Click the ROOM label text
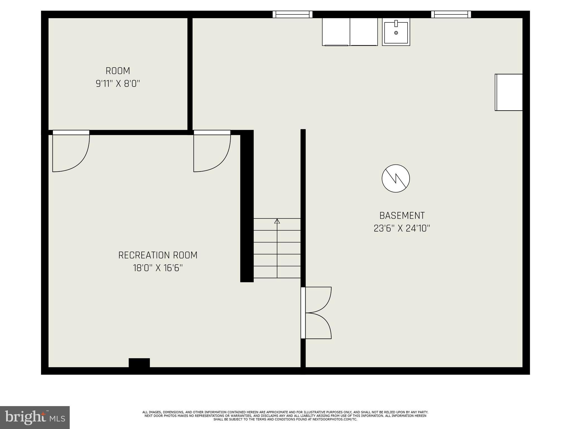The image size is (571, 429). [x=118, y=71]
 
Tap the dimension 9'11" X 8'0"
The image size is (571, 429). [x=118, y=84]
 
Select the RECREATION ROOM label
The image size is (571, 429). [x=158, y=255]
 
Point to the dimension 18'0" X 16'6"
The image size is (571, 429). [x=158, y=268]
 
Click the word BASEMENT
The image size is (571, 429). [x=402, y=216]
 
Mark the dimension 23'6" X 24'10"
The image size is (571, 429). [x=402, y=228]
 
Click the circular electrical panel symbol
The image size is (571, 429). [x=396, y=178]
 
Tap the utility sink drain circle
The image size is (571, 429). [x=396, y=33]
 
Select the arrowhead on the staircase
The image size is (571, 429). [x=277, y=221]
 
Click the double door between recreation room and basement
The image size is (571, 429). [x=316, y=313]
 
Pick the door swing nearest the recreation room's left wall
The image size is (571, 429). [x=71, y=152]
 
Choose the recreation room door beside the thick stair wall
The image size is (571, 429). [x=212, y=152]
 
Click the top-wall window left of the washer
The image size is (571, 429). [x=292, y=14]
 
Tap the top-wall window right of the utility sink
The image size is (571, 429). [x=451, y=14]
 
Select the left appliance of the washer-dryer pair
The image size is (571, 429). [x=336, y=32]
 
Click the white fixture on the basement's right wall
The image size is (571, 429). [x=509, y=92]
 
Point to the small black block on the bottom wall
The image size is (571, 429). [x=139, y=363]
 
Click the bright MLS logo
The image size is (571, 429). [x=35, y=417]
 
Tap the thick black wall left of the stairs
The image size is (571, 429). [x=247, y=207]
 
